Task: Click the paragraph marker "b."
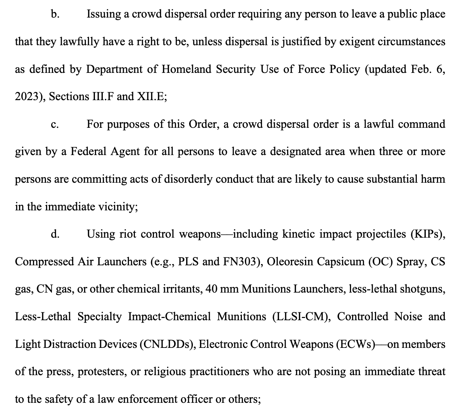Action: [x=55, y=14]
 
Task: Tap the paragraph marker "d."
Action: [x=55, y=234]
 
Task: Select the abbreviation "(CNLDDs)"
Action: [x=166, y=344]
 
